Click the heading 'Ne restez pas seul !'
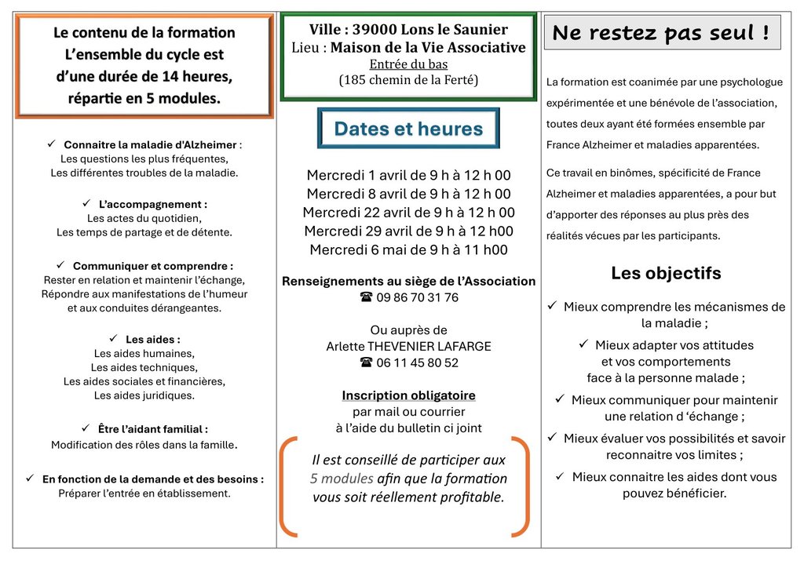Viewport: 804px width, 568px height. pos(661,33)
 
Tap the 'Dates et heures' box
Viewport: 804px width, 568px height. pos(408,129)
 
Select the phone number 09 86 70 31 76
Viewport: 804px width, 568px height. pos(409,297)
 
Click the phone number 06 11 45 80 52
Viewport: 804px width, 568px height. pos(409,362)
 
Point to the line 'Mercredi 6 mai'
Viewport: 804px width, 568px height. pos(408,249)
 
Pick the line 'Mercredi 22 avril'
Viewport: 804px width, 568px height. pos(408,212)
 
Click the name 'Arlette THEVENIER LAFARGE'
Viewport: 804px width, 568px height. pos(408,346)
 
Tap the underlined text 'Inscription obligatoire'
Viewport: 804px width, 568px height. pos(408,395)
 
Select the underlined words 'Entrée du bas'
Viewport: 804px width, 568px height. pos(408,64)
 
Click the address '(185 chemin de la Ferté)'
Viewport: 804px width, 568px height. pos(408,79)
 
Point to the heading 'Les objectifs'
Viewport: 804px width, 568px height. pos(666,273)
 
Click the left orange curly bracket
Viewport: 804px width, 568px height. pos(289,486)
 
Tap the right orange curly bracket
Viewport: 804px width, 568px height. pos(521,486)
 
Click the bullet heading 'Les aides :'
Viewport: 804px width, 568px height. pos(152,340)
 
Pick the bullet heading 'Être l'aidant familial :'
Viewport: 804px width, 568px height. pos(152,429)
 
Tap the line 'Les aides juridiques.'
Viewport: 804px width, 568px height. pos(144,395)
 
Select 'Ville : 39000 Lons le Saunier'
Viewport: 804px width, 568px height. pos(408,30)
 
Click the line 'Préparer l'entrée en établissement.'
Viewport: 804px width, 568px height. pos(144,493)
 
